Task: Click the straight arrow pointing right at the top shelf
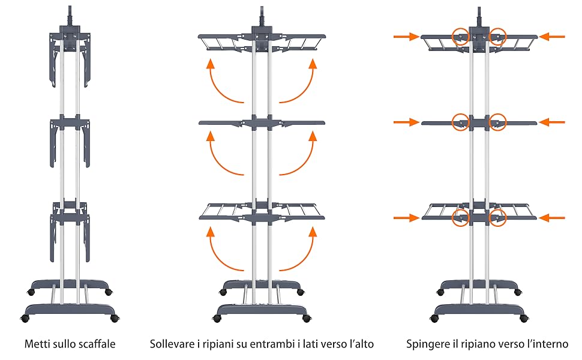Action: coord(406,37)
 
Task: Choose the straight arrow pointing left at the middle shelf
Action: coord(552,122)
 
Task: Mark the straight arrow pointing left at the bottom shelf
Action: coord(552,217)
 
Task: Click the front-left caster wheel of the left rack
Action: coord(25,318)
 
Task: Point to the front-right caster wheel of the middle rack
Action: coord(307,318)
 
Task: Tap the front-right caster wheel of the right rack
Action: coord(523,318)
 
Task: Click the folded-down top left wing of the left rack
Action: coord(54,59)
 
